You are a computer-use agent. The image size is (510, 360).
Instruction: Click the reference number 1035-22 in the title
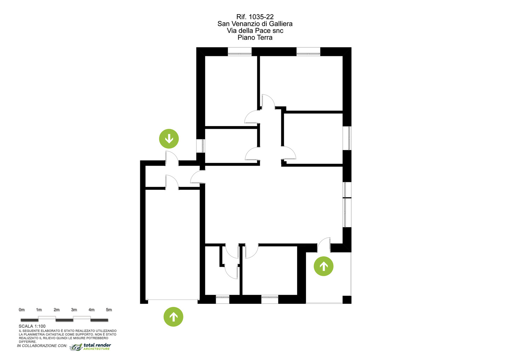(261, 17)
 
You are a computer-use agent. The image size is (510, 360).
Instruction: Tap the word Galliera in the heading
(281, 24)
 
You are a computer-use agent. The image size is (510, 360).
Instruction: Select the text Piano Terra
(255, 37)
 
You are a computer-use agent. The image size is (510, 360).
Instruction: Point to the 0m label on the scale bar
(22, 310)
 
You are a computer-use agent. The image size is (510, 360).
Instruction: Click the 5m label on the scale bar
(109, 310)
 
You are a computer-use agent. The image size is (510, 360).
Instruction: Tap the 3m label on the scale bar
(74, 310)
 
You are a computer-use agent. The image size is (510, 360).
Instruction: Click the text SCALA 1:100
(32, 326)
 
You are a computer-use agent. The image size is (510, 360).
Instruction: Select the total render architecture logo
(90, 347)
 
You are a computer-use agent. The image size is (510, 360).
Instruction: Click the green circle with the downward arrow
(169, 139)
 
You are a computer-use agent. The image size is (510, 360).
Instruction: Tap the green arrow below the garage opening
(174, 317)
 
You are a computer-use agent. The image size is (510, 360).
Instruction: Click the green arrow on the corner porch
(324, 266)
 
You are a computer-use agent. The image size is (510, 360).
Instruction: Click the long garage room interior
(172, 245)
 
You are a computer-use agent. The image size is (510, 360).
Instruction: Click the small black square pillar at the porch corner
(347, 300)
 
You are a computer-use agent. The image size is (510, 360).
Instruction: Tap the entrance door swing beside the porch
(324, 245)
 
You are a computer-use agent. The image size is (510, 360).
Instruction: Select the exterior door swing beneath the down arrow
(172, 158)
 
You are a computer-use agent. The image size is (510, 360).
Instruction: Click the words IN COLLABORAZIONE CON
(42, 346)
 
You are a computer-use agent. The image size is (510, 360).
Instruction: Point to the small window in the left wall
(200, 146)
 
